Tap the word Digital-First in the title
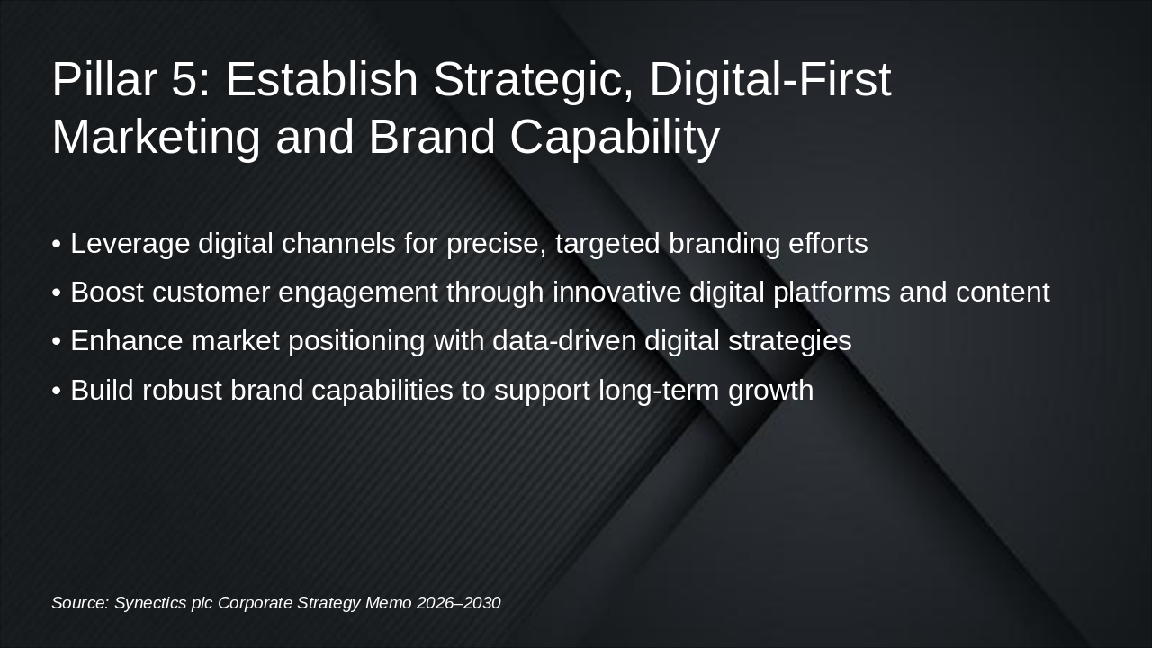tap(770, 80)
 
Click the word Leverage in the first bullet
tap(130, 244)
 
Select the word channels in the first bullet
tap(338, 243)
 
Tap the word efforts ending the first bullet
tap(828, 243)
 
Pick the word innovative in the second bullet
tap(616, 292)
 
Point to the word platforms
tap(832, 292)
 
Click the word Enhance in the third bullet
tap(127, 340)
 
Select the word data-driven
tap(564, 340)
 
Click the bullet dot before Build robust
tap(57, 391)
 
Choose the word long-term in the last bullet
tap(659, 391)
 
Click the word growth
tap(771, 391)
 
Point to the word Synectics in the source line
tap(150, 603)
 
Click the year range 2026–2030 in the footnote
tap(458, 602)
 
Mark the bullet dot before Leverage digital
tap(57, 244)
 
